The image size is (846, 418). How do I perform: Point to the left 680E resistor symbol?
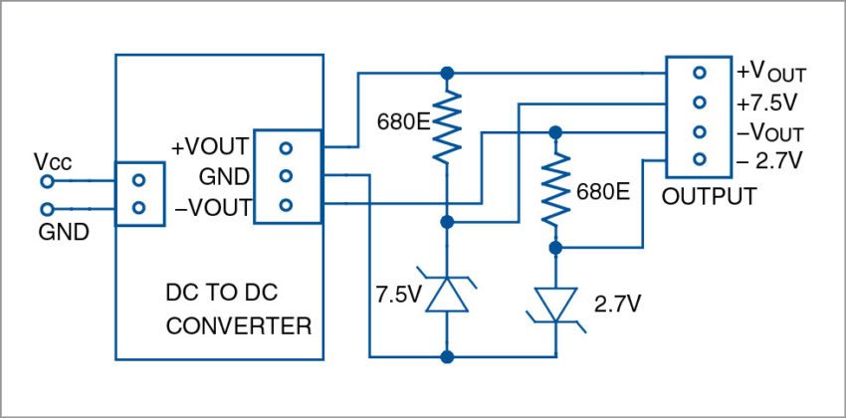pos(447,123)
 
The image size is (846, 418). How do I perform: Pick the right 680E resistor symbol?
pos(556,188)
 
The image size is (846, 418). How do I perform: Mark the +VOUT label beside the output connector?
pos(771,74)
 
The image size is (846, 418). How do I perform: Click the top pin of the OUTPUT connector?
pos(700,73)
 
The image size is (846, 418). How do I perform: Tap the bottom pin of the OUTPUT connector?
pos(700,160)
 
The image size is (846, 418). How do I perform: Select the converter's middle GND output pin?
pos(286,176)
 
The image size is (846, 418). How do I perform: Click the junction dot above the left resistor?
pos(447,73)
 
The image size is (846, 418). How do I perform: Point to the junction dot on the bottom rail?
pos(447,355)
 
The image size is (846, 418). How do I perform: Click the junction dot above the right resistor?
pos(556,131)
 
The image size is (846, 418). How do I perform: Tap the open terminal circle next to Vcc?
pos(46,181)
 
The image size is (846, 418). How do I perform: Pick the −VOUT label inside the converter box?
pos(211,206)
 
